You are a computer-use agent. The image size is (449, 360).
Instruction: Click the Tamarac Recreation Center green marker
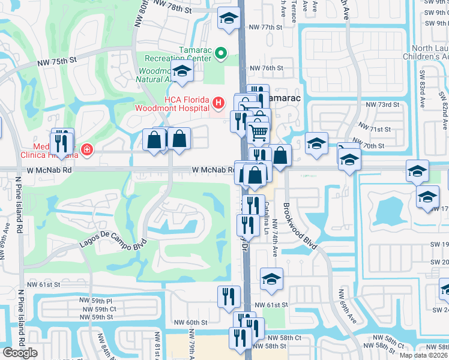[x=220, y=54]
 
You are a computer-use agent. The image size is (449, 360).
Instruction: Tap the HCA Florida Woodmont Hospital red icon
[x=218, y=103]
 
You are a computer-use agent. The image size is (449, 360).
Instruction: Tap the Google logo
[x=20, y=353]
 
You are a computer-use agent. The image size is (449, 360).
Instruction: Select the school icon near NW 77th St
[x=228, y=19]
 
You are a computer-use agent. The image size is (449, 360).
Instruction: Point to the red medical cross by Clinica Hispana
[x=87, y=149]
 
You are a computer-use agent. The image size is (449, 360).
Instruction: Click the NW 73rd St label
[x=384, y=104]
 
